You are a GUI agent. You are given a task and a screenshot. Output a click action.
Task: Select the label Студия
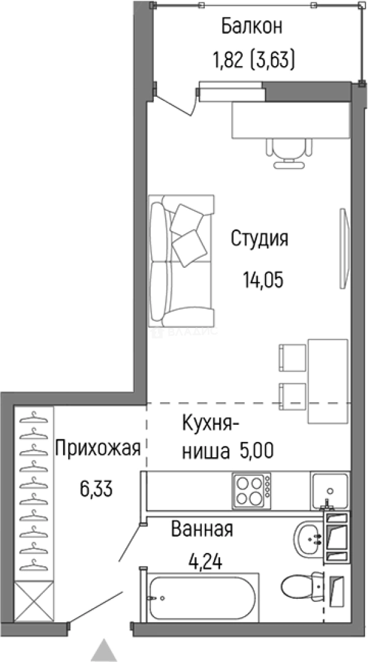point(259,238)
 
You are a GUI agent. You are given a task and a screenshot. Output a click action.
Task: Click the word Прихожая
point(99,449)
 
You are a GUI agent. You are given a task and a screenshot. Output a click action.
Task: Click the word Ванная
point(202,529)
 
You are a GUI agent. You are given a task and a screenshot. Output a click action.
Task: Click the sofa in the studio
point(180,261)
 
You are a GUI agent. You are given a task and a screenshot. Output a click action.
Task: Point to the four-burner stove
point(251,490)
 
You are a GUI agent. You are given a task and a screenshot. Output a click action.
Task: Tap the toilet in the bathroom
point(303,585)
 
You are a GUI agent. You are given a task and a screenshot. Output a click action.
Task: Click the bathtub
point(201,596)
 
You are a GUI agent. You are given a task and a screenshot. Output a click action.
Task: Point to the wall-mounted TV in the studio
point(343,248)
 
